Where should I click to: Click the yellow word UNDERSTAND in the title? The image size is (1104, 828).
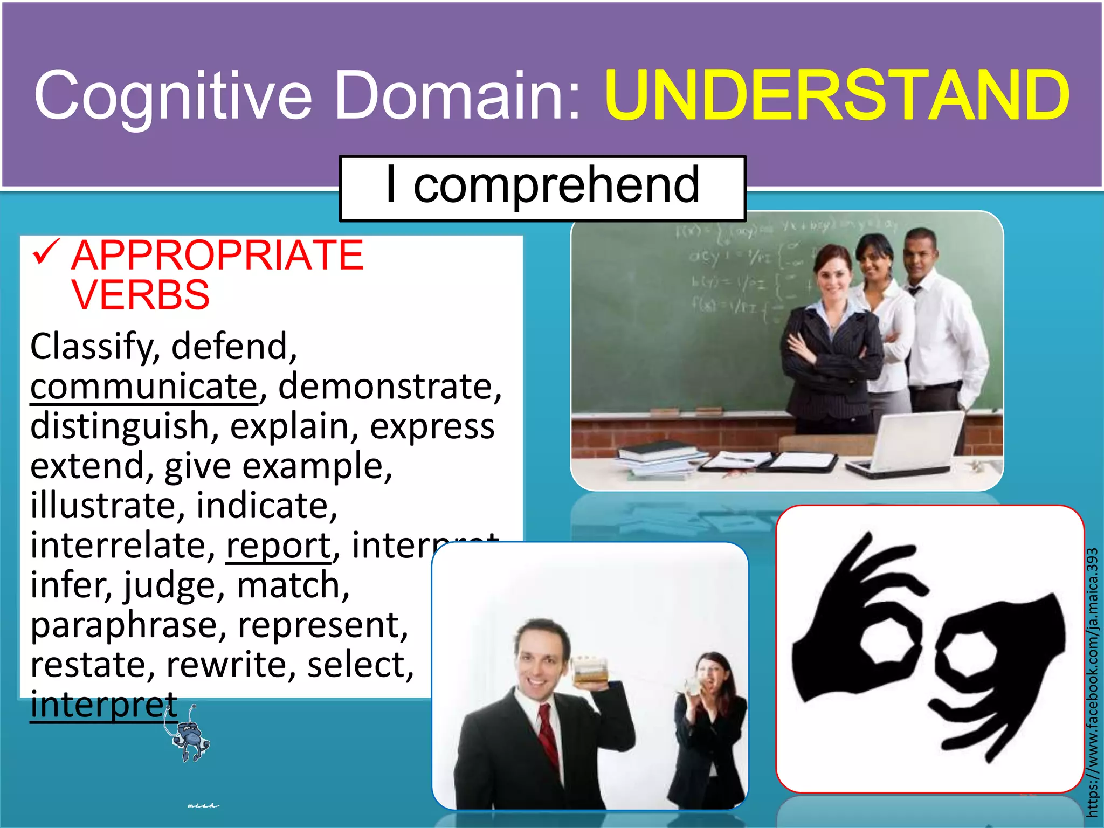click(837, 95)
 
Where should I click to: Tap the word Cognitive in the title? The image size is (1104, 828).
click(172, 95)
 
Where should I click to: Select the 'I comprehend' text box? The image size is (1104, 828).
click(542, 187)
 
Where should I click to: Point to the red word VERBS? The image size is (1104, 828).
click(140, 295)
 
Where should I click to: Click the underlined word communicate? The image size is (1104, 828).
click(144, 387)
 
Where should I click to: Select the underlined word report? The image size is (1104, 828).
click(278, 546)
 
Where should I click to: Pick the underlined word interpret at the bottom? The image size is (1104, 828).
click(103, 705)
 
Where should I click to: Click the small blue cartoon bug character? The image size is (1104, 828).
click(190, 739)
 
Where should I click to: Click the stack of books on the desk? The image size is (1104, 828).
click(660, 458)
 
